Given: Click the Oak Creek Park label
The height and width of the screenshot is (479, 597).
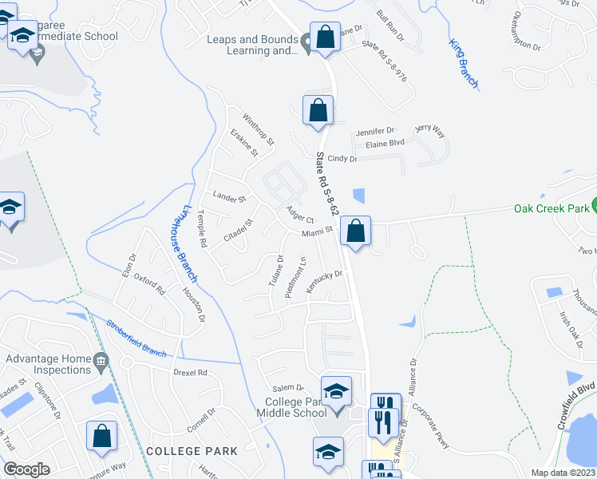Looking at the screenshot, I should [x=551, y=209].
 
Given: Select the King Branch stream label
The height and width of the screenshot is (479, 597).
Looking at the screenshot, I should [x=463, y=62].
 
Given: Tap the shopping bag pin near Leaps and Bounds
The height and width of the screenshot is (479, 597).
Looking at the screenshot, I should [x=325, y=38].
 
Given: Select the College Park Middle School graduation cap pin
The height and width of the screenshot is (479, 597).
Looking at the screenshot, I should [x=336, y=391].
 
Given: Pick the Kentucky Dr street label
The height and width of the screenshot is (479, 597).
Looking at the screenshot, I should [x=324, y=282].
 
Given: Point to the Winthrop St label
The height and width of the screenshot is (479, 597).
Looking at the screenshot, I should [x=259, y=128].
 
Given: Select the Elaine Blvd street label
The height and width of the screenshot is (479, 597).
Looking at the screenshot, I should [x=385, y=143].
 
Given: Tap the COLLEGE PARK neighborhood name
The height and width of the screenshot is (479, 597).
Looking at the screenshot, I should [x=192, y=451].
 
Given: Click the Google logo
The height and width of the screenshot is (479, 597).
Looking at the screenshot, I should [x=26, y=469].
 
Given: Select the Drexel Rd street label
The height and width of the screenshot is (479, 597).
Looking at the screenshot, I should [x=190, y=373].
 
